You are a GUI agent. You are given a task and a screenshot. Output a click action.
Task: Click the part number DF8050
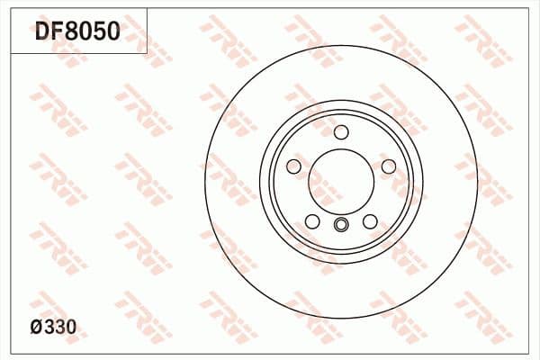tap(76, 33)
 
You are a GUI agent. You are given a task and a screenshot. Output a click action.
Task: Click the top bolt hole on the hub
tap(341, 133)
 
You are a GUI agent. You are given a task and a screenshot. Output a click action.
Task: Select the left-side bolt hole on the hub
tap(293, 167)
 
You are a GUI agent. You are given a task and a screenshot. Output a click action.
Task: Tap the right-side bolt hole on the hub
tap(389, 167)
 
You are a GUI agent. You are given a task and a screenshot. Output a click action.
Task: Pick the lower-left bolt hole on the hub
tap(312, 221)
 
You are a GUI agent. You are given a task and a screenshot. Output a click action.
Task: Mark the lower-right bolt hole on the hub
tap(370, 221)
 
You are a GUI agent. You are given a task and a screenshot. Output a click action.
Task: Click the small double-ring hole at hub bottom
tap(341, 226)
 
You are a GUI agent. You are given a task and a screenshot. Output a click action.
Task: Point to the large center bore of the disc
tap(341, 180)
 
